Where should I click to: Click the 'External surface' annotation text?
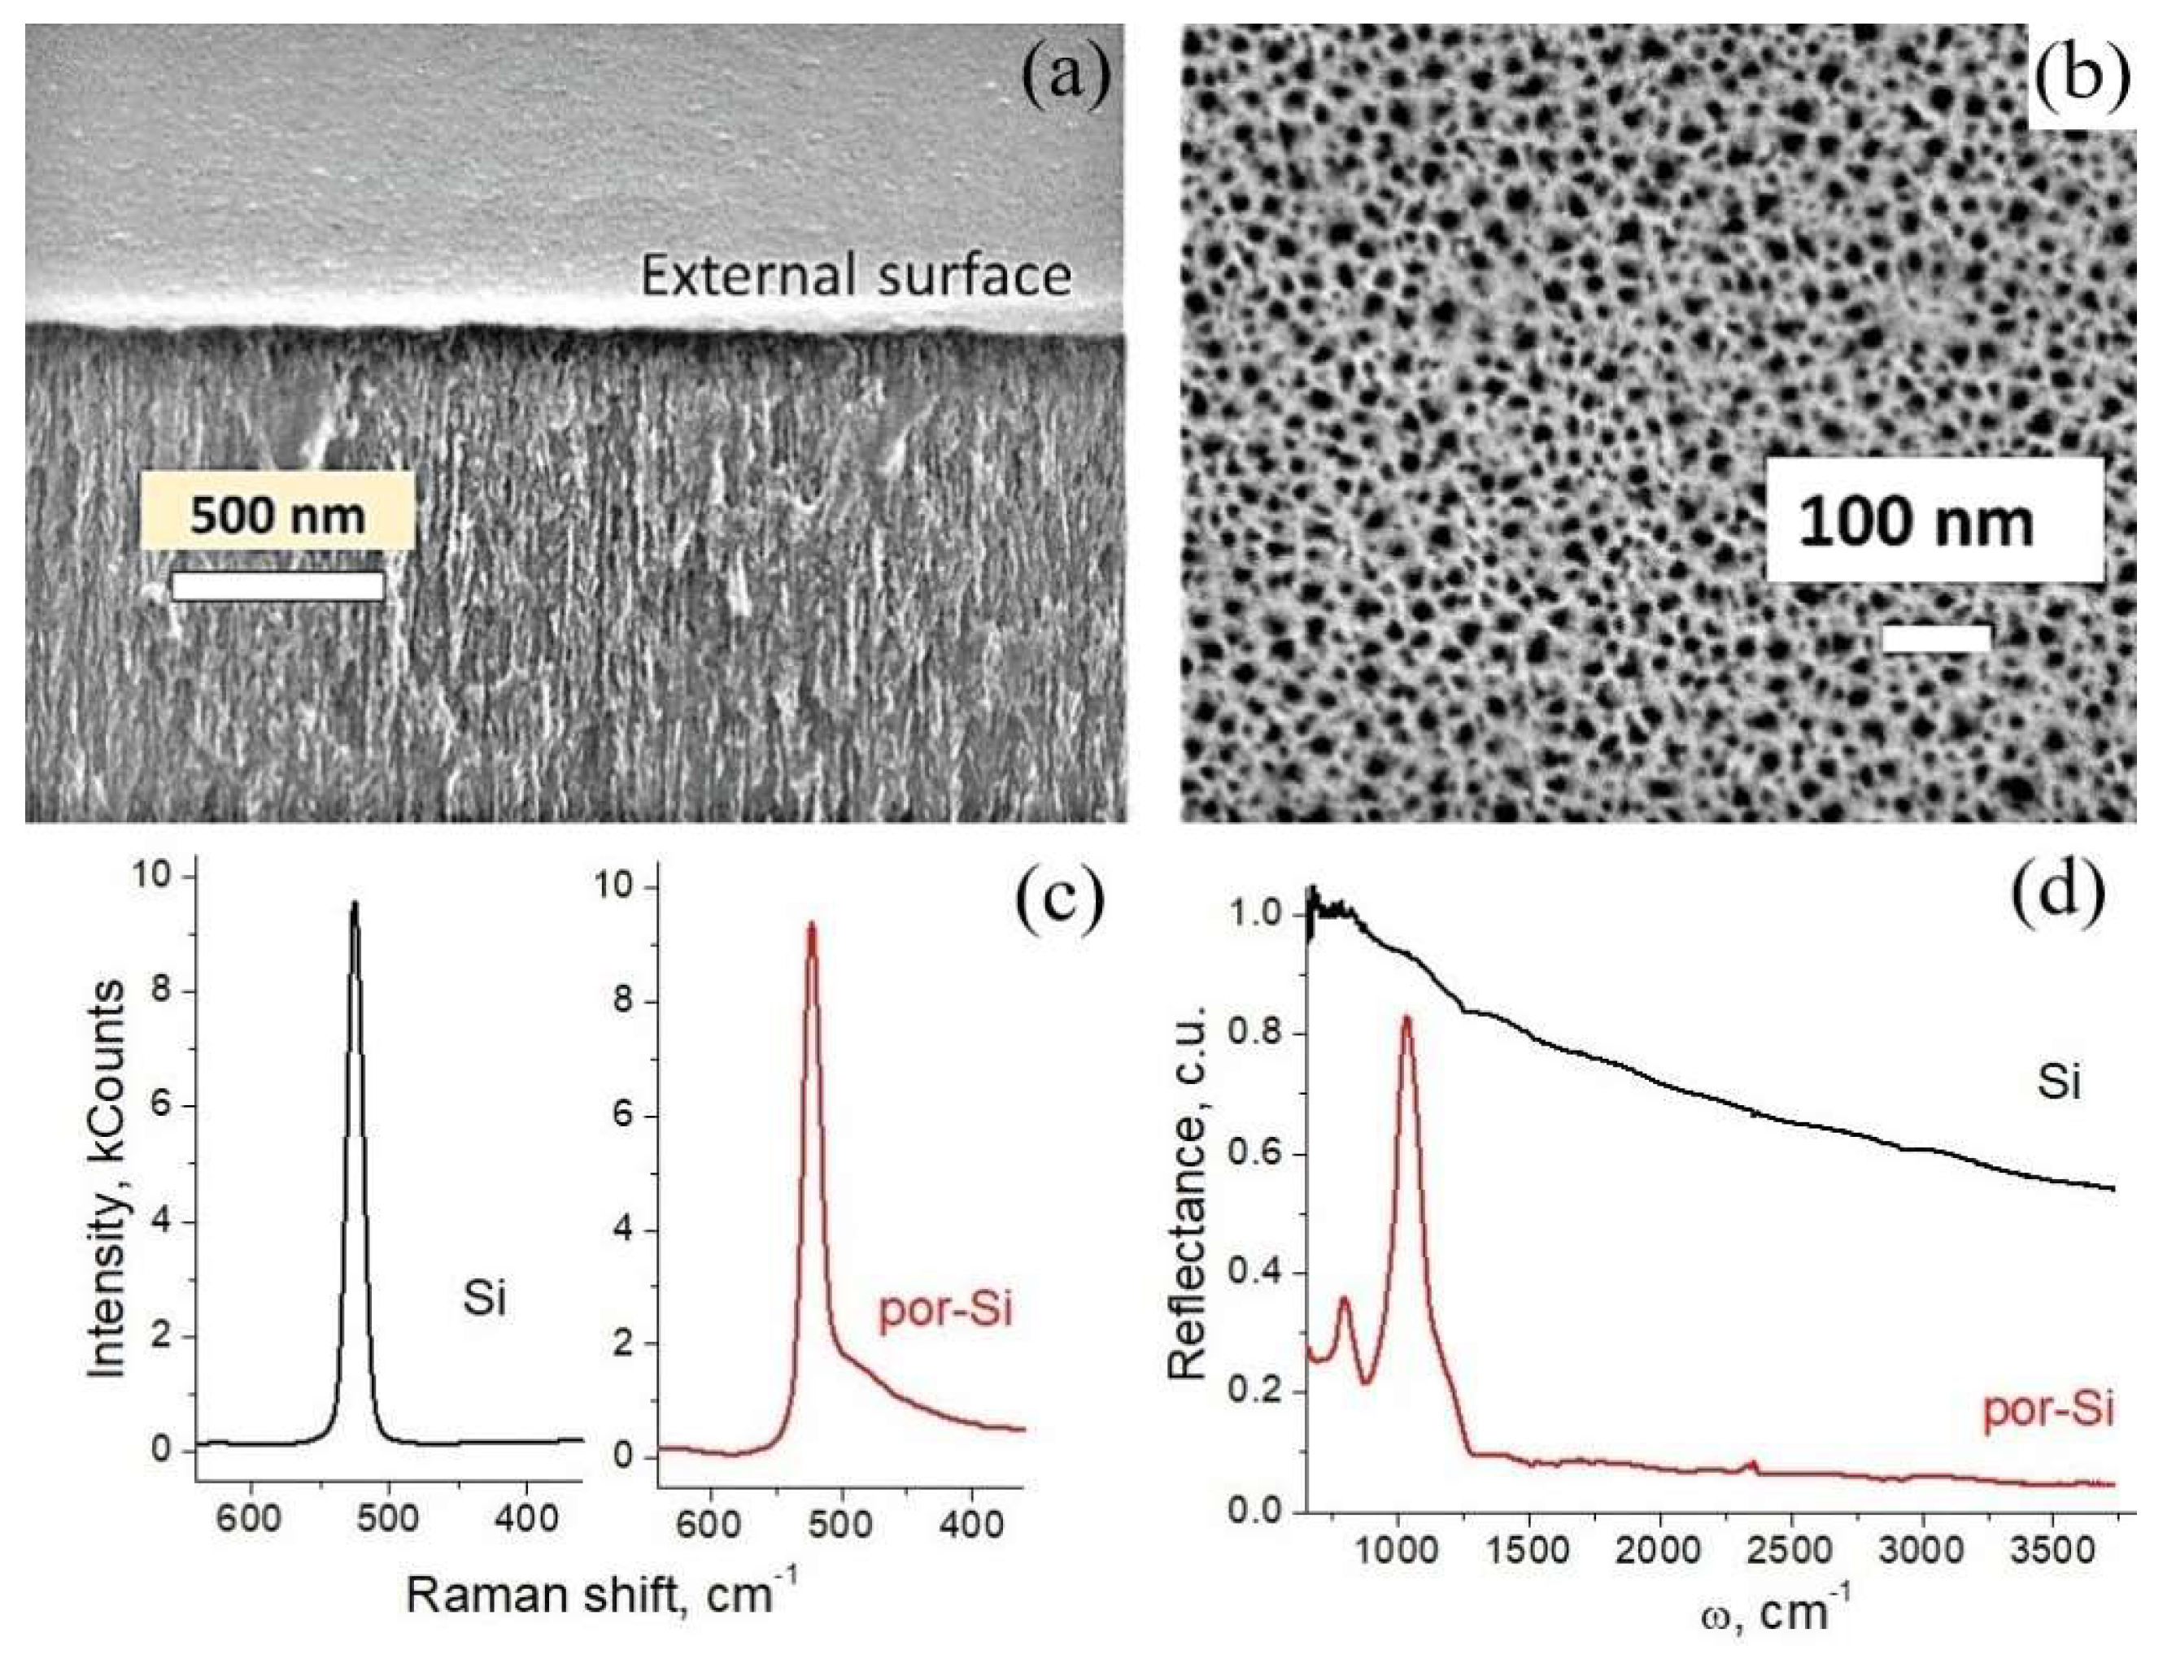[x=855, y=275]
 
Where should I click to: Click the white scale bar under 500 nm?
[x=277, y=586]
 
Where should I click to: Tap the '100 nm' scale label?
[x=1917, y=521]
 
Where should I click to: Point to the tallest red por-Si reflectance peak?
[x=1406, y=1018]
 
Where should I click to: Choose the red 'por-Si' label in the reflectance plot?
[x=2047, y=1409]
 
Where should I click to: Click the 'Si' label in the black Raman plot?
[x=485, y=1298]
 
